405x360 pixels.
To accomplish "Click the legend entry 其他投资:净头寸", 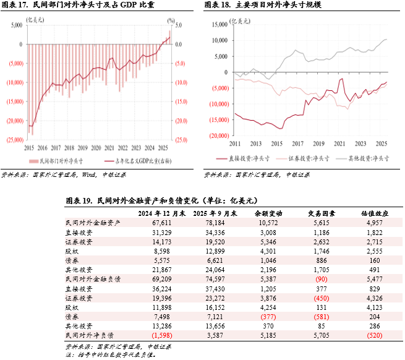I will [x=365, y=158].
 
